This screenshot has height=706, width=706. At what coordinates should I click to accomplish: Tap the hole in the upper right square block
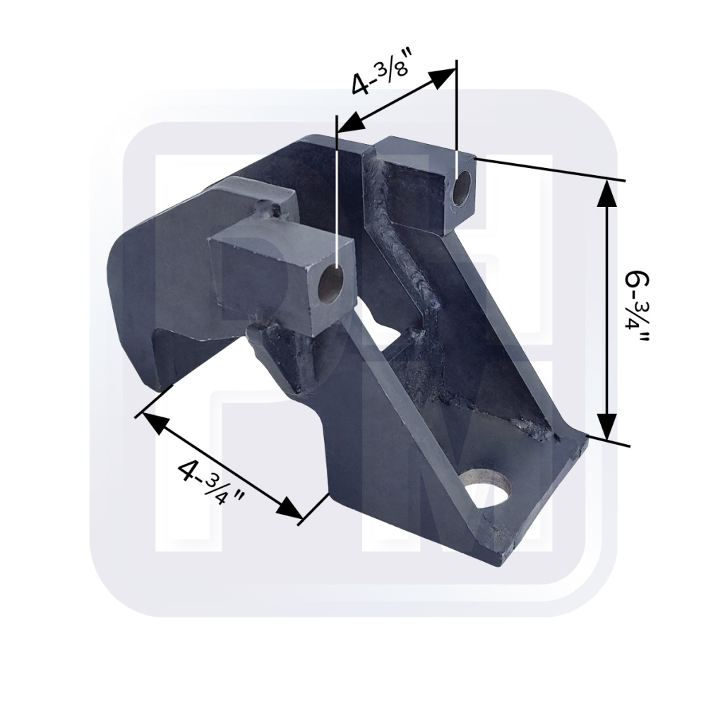[x=463, y=189]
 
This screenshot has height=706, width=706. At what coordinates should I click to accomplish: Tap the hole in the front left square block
[x=332, y=285]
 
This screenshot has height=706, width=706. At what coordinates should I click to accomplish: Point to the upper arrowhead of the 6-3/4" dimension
[x=607, y=193]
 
